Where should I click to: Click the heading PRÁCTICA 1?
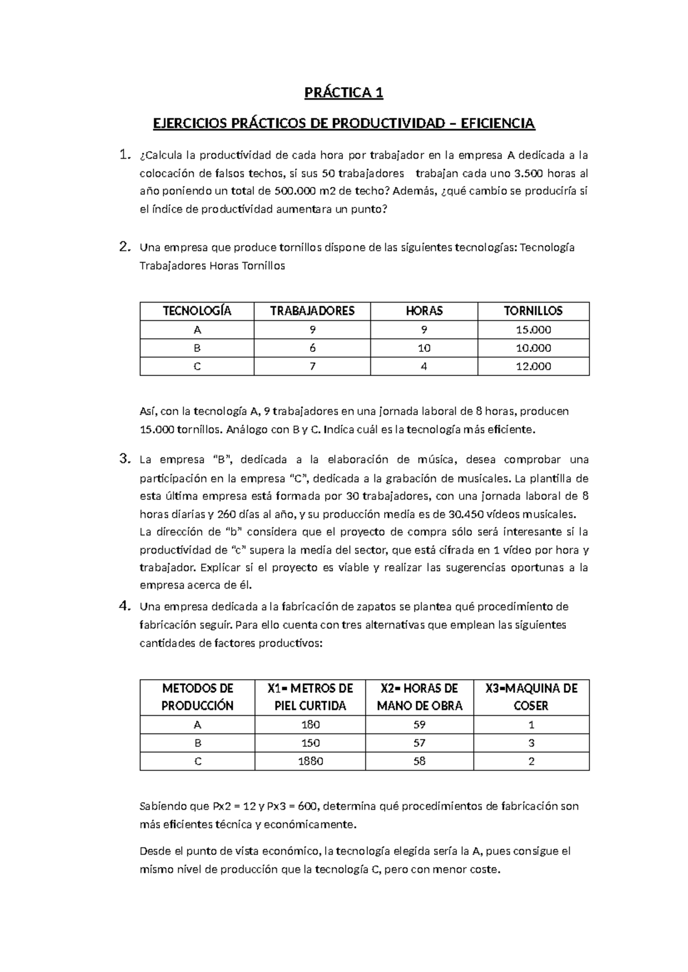coord(343,93)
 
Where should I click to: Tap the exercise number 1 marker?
coord(122,155)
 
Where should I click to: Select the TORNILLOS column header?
coord(533,311)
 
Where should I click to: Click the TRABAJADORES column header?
coord(312,311)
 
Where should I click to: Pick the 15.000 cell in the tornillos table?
coord(533,330)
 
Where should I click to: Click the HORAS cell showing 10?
coord(424,348)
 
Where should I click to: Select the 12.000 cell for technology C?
coord(533,367)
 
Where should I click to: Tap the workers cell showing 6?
coord(312,348)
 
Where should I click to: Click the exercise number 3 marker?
coord(123,459)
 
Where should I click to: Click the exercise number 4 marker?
coord(123,606)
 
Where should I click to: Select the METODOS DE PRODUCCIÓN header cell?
coord(197,697)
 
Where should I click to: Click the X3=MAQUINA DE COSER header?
coord(531,697)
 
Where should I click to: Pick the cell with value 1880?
coord(310,762)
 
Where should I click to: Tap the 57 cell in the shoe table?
coord(419,743)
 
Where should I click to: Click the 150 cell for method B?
coord(310,743)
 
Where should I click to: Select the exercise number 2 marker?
coord(123,247)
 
